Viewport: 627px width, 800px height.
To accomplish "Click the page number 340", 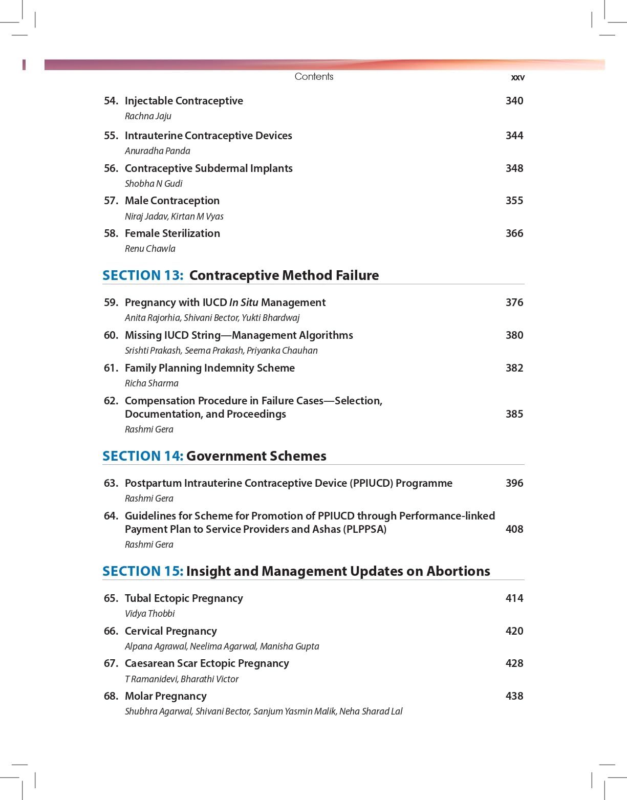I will (x=514, y=101).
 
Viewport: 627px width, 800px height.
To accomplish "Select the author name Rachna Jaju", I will (x=148, y=116).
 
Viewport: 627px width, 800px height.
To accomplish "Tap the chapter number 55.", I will (x=111, y=136).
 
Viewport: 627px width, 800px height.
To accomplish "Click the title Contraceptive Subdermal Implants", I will (x=208, y=168).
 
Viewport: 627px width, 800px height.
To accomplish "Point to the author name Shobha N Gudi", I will (x=154, y=184).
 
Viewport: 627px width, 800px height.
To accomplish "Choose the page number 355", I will (x=514, y=201).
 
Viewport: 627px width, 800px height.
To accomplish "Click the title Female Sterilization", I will (x=172, y=233).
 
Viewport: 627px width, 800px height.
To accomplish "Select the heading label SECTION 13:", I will (x=143, y=275).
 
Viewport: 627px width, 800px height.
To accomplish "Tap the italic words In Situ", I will (x=244, y=302).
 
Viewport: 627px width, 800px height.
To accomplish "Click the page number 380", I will (x=514, y=335).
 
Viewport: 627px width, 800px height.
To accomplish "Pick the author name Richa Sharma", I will (x=152, y=383).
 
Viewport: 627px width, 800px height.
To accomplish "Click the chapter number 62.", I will (x=111, y=401).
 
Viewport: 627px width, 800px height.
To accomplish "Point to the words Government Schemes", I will (x=256, y=456).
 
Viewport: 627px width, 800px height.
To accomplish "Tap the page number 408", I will (x=514, y=529).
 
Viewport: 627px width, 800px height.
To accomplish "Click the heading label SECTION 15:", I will (x=143, y=571).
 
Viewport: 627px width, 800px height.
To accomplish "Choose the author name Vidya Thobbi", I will (x=149, y=614).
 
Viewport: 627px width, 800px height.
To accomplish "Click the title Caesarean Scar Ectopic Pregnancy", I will (x=207, y=663).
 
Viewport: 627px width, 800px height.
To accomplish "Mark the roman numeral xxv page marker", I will (x=517, y=78).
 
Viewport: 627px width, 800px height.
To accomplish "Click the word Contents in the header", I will (x=314, y=77).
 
